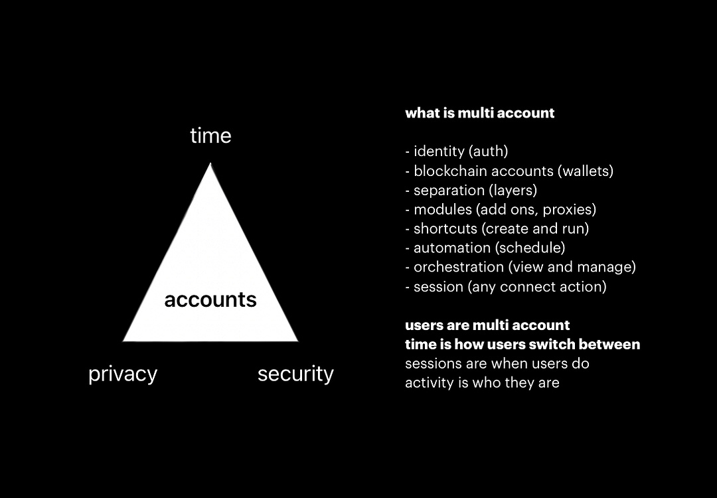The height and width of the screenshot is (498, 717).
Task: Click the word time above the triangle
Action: [x=211, y=136]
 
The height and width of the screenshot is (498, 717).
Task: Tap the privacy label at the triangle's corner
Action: [x=123, y=374]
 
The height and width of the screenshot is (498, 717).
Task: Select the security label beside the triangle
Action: [x=296, y=374]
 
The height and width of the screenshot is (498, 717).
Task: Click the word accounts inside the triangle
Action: [x=210, y=300]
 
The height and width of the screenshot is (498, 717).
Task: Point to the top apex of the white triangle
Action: [x=210, y=163]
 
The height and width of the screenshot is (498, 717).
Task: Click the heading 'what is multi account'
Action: [x=480, y=113]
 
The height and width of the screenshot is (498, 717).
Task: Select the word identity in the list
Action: [x=439, y=151]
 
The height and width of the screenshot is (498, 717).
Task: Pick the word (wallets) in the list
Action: [x=586, y=171]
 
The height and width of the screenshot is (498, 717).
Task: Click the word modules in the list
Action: [x=443, y=209]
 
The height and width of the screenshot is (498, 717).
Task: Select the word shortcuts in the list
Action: [x=445, y=228]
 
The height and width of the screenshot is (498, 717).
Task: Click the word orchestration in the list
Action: [x=459, y=267]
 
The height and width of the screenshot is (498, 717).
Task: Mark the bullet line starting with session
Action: [x=506, y=287]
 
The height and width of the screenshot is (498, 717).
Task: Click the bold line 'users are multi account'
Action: [x=487, y=325]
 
